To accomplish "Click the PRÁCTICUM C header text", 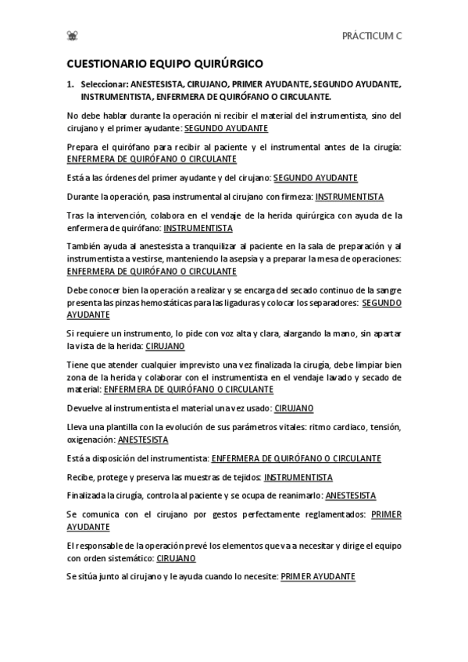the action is point(372,35).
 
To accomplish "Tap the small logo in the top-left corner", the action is point(73,35).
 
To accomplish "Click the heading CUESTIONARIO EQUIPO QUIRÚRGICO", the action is point(164,66).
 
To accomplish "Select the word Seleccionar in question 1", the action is point(104,84).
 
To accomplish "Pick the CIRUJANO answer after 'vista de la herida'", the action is point(165,346).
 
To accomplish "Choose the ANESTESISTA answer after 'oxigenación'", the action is point(142,440).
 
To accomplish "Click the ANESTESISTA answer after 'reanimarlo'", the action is point(350,496).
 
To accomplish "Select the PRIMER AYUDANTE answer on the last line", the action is point(317,576).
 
